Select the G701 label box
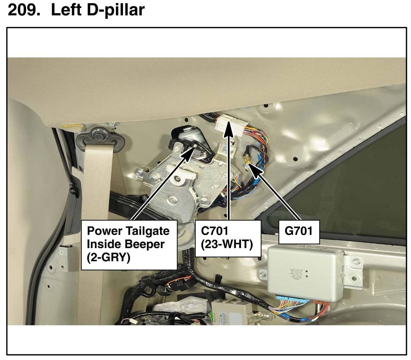point(298,231)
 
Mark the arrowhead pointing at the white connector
point(229,129)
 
